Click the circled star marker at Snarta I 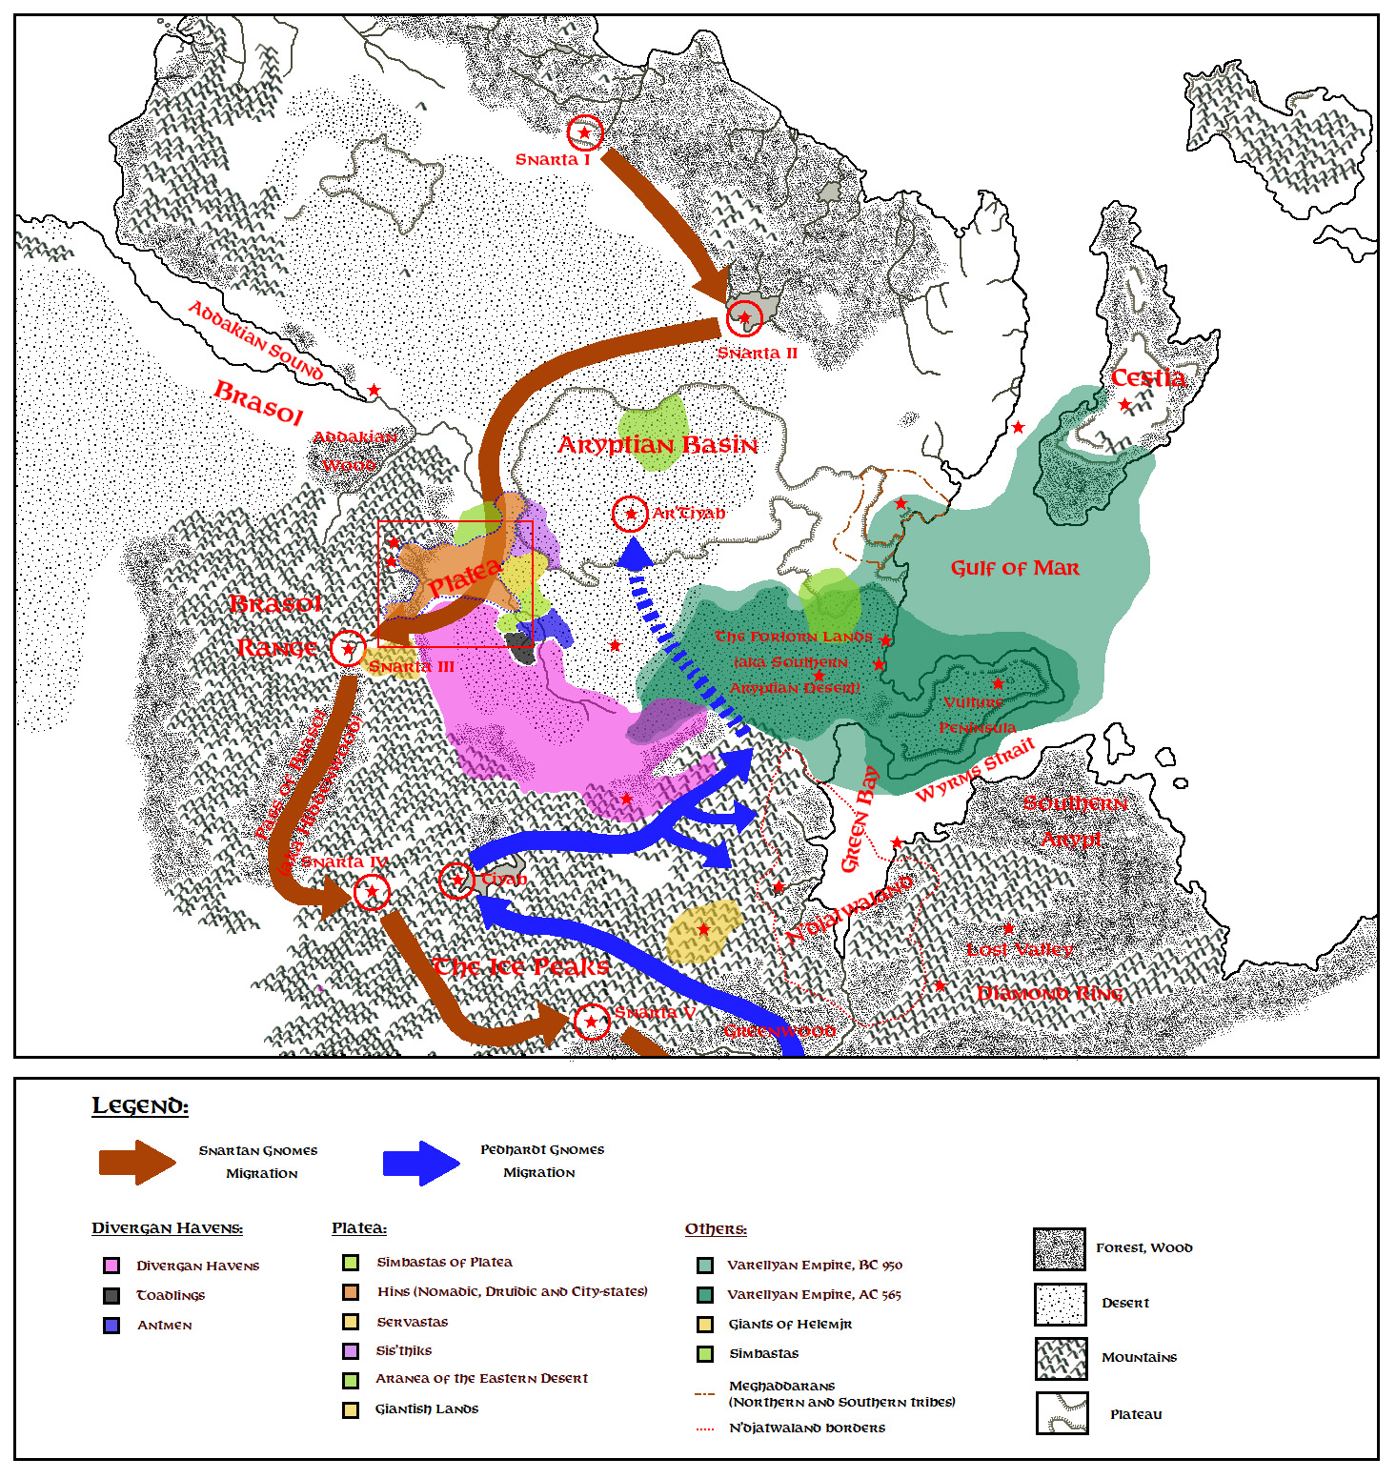585,132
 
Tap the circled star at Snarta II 744,318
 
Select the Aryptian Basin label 658,445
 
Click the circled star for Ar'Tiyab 630,514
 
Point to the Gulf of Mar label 1015,568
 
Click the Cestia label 1148,377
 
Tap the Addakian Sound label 255,340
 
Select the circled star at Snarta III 348,649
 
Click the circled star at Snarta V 592,1022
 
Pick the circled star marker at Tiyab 456,880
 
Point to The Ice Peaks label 521,967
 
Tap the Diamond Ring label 1050,994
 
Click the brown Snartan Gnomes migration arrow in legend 137,1162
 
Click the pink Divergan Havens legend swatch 111,1266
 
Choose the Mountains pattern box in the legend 1061,1358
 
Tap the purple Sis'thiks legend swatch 351,1350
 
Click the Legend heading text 140,1106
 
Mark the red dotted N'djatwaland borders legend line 705,1428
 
